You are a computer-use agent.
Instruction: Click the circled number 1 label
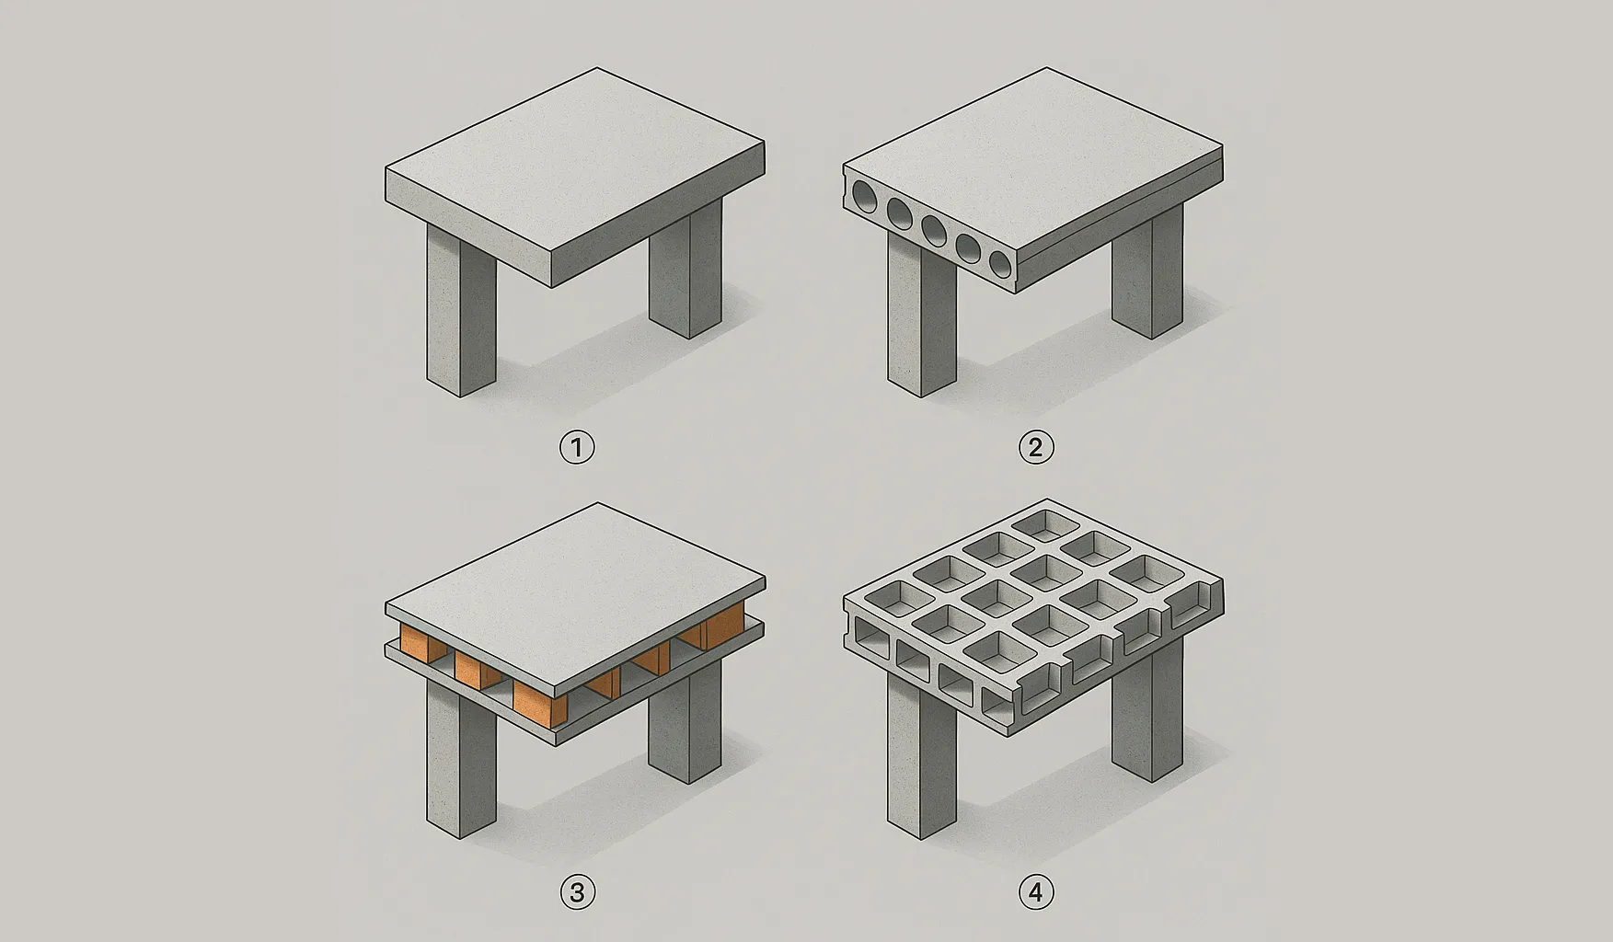pyautogui.click(x=577, y=448)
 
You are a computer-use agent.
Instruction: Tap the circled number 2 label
pyautogui.click(x=1036, y=448)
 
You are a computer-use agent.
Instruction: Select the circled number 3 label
pyautogui.click(x=577, y=892)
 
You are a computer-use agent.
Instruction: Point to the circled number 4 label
pyautogui.click(x=1036, y=892)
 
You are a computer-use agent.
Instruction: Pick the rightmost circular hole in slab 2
pyautogui.click(x=999, y=262)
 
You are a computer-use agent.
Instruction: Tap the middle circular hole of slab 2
pyautogui.click(x=935, y=230)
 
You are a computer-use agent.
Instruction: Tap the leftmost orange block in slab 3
pyautogui.click(x=416, y=643)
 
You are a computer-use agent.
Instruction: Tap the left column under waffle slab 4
pyautogui.click(x=922, y=773)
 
